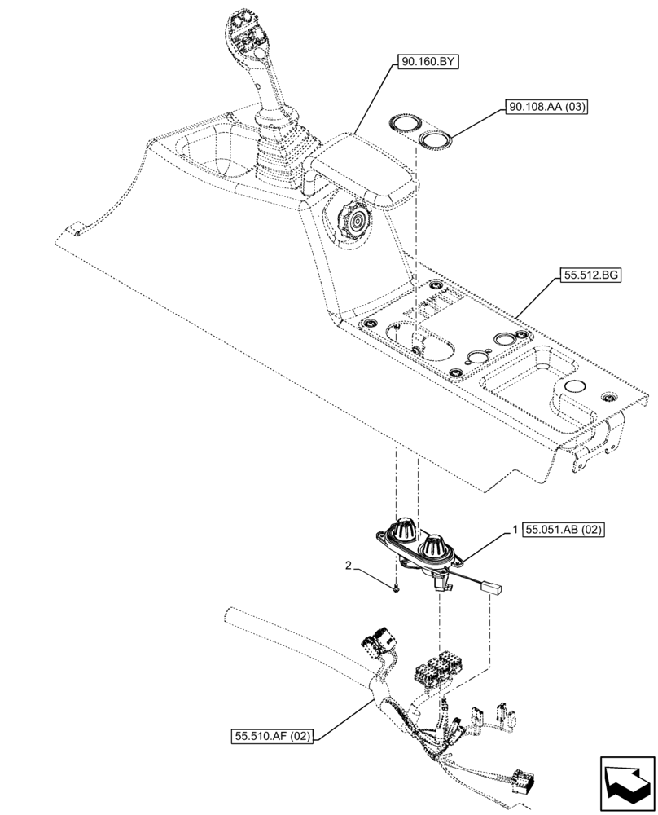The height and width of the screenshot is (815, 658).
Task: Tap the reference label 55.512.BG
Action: tap(590, 276)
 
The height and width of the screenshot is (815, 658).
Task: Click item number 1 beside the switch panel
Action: tap(515, 530)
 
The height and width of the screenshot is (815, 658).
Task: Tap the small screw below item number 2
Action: tap(394, 588)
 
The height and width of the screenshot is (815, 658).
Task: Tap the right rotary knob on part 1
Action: tap(435, 544)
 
